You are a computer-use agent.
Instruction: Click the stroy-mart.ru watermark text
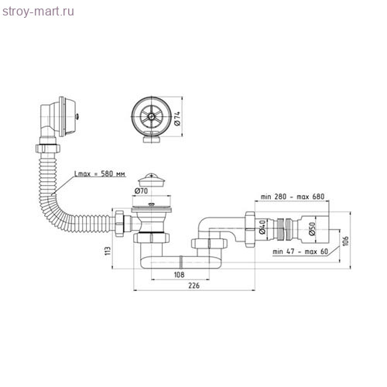(38, 12)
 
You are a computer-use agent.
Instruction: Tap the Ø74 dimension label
(177, 118)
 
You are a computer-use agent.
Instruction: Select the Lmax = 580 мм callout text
(100, 173)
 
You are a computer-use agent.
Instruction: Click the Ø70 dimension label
(141, 190)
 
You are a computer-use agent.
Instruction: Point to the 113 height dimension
(108, 251)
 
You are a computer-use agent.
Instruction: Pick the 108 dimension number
(179, 275)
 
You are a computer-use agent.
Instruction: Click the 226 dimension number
(193, 286)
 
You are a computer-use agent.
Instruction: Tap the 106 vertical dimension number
(346, 241)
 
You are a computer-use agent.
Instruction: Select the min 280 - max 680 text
(293, 197)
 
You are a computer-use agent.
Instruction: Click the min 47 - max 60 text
(300, 252)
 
